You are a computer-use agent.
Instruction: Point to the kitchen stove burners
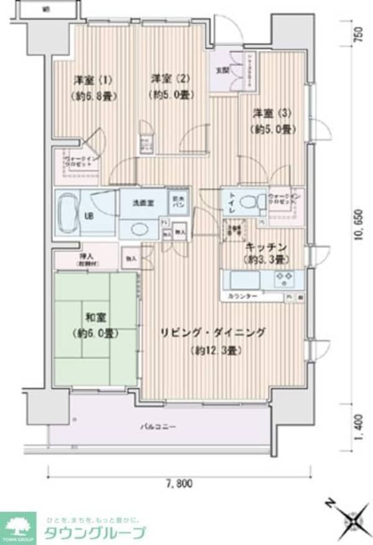pos(287,277)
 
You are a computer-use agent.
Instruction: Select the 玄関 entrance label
pos(222,70)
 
